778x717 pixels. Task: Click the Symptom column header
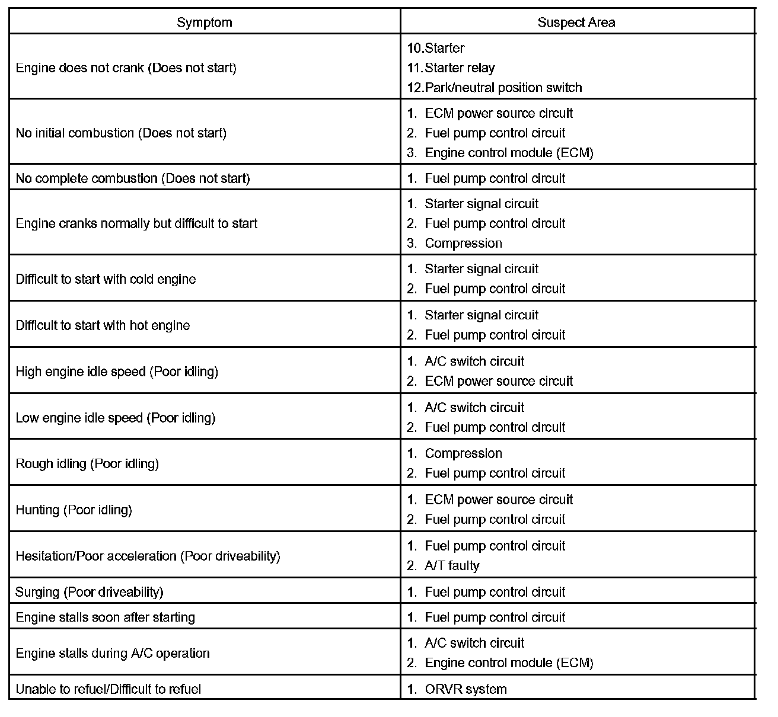(x=205, y=23)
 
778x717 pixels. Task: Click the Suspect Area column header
(x=576, y=23)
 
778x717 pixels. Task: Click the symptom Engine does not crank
(x=126, y=68)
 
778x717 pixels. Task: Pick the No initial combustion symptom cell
(x=121, y=133)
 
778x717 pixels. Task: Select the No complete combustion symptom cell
(x=133, y=178)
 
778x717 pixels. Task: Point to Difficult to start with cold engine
(x=106, y=279)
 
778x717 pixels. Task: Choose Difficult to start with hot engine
(x=103, y=325)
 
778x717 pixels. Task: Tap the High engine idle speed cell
(x=117, y=372)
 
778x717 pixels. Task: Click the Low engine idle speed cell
(x=116, y=418)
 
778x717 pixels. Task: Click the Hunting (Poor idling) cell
(x=74, y=510)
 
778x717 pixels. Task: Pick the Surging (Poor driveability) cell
(x=89, y=592)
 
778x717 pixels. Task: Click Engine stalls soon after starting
(x=105, y=617)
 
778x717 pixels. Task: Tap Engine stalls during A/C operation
(x=113, y=654)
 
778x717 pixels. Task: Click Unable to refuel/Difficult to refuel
(x=109, y=690)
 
